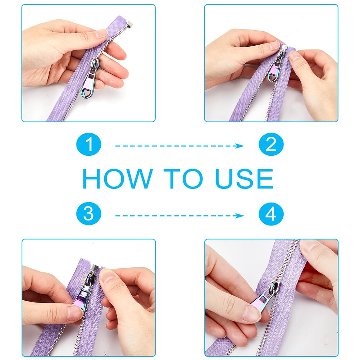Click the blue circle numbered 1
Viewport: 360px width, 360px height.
click(88, 144)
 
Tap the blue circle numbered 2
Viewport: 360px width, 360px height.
click(271, 144)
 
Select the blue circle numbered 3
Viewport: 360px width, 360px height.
click(88, 214)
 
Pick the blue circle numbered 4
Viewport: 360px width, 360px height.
click(271, 214)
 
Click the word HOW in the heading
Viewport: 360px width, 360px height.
click(117, 179)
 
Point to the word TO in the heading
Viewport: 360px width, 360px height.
click(183, 179)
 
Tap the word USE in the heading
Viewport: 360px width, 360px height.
click(244, 179)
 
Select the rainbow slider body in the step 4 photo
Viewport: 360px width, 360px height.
click(275, 287)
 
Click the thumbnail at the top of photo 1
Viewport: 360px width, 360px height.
click(101, 33)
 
